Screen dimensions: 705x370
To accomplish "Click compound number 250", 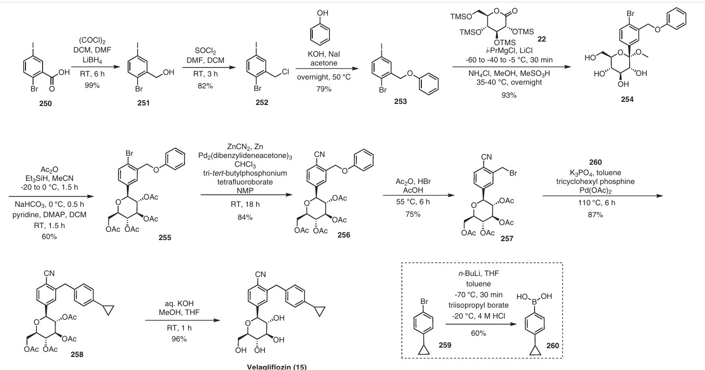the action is tap(45, 103).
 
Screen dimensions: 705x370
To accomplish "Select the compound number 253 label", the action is tap(401, 101).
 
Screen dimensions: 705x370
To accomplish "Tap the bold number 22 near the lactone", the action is tap(542, 39).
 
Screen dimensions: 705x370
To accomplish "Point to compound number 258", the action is tap(77, 354).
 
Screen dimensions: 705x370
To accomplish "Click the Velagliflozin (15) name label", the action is tap(277, 367).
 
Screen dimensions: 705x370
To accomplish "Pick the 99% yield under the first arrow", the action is tap(92, 85).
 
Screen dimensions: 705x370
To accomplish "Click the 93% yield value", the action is tap(509, 95).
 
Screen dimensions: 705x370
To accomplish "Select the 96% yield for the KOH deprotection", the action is tap(179, 339).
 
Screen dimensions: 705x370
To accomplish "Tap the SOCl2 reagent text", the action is tap(205, 51).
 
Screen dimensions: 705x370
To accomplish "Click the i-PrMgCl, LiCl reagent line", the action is tap(509, 50).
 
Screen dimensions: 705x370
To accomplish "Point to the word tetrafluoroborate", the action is tap(245, 182).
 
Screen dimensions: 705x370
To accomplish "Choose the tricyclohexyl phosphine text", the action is tap(595, 181).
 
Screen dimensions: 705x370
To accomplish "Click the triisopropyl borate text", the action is tap(478, 305).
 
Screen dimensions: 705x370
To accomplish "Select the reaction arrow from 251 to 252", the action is tap(209, 67).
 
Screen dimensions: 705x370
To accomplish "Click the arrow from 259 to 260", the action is tap(481, 324).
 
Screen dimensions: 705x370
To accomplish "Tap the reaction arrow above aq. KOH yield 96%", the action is tap(182, 321).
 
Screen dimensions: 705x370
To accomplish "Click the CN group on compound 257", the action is tap(486, 157).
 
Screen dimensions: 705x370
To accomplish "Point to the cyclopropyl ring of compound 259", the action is tap(424, 350).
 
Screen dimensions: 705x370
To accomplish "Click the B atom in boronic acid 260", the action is tap(534, 302).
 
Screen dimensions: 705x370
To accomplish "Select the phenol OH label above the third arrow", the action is tap(323, 13).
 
